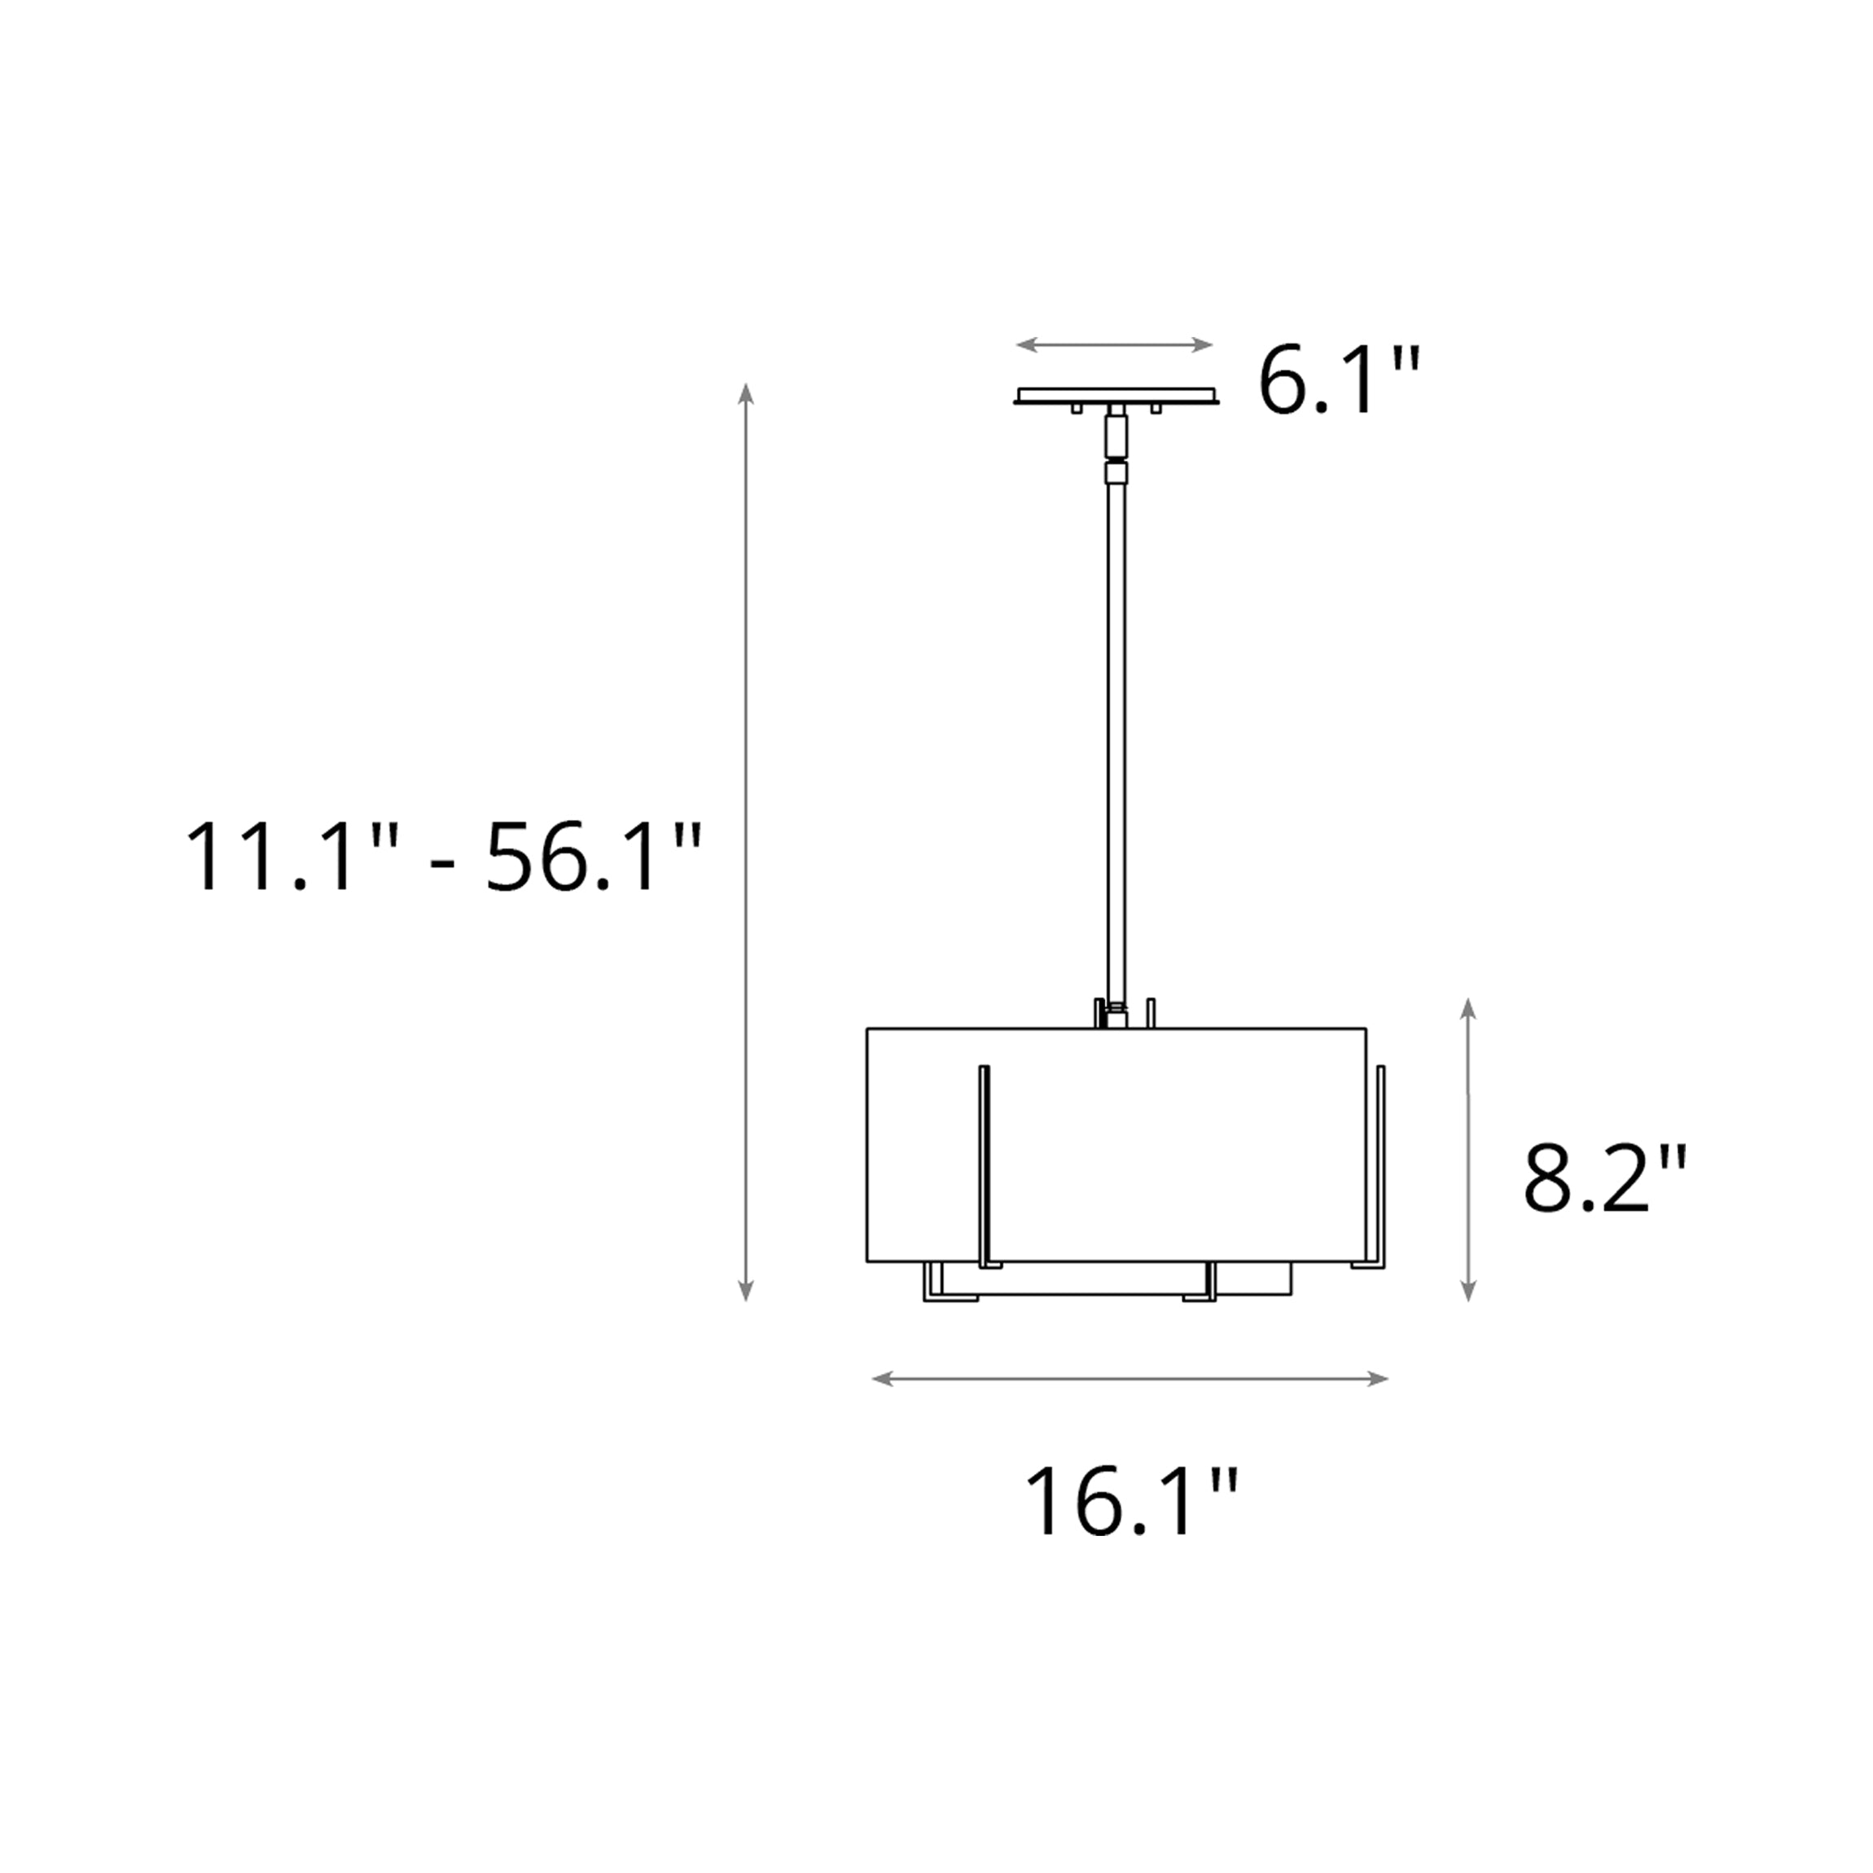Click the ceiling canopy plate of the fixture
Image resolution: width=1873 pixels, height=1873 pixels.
[x=1116, y=397]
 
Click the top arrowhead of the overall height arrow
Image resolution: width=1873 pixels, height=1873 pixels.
[x=745, y=392]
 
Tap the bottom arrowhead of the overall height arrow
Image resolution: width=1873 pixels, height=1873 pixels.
[x=745, y=1291]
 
